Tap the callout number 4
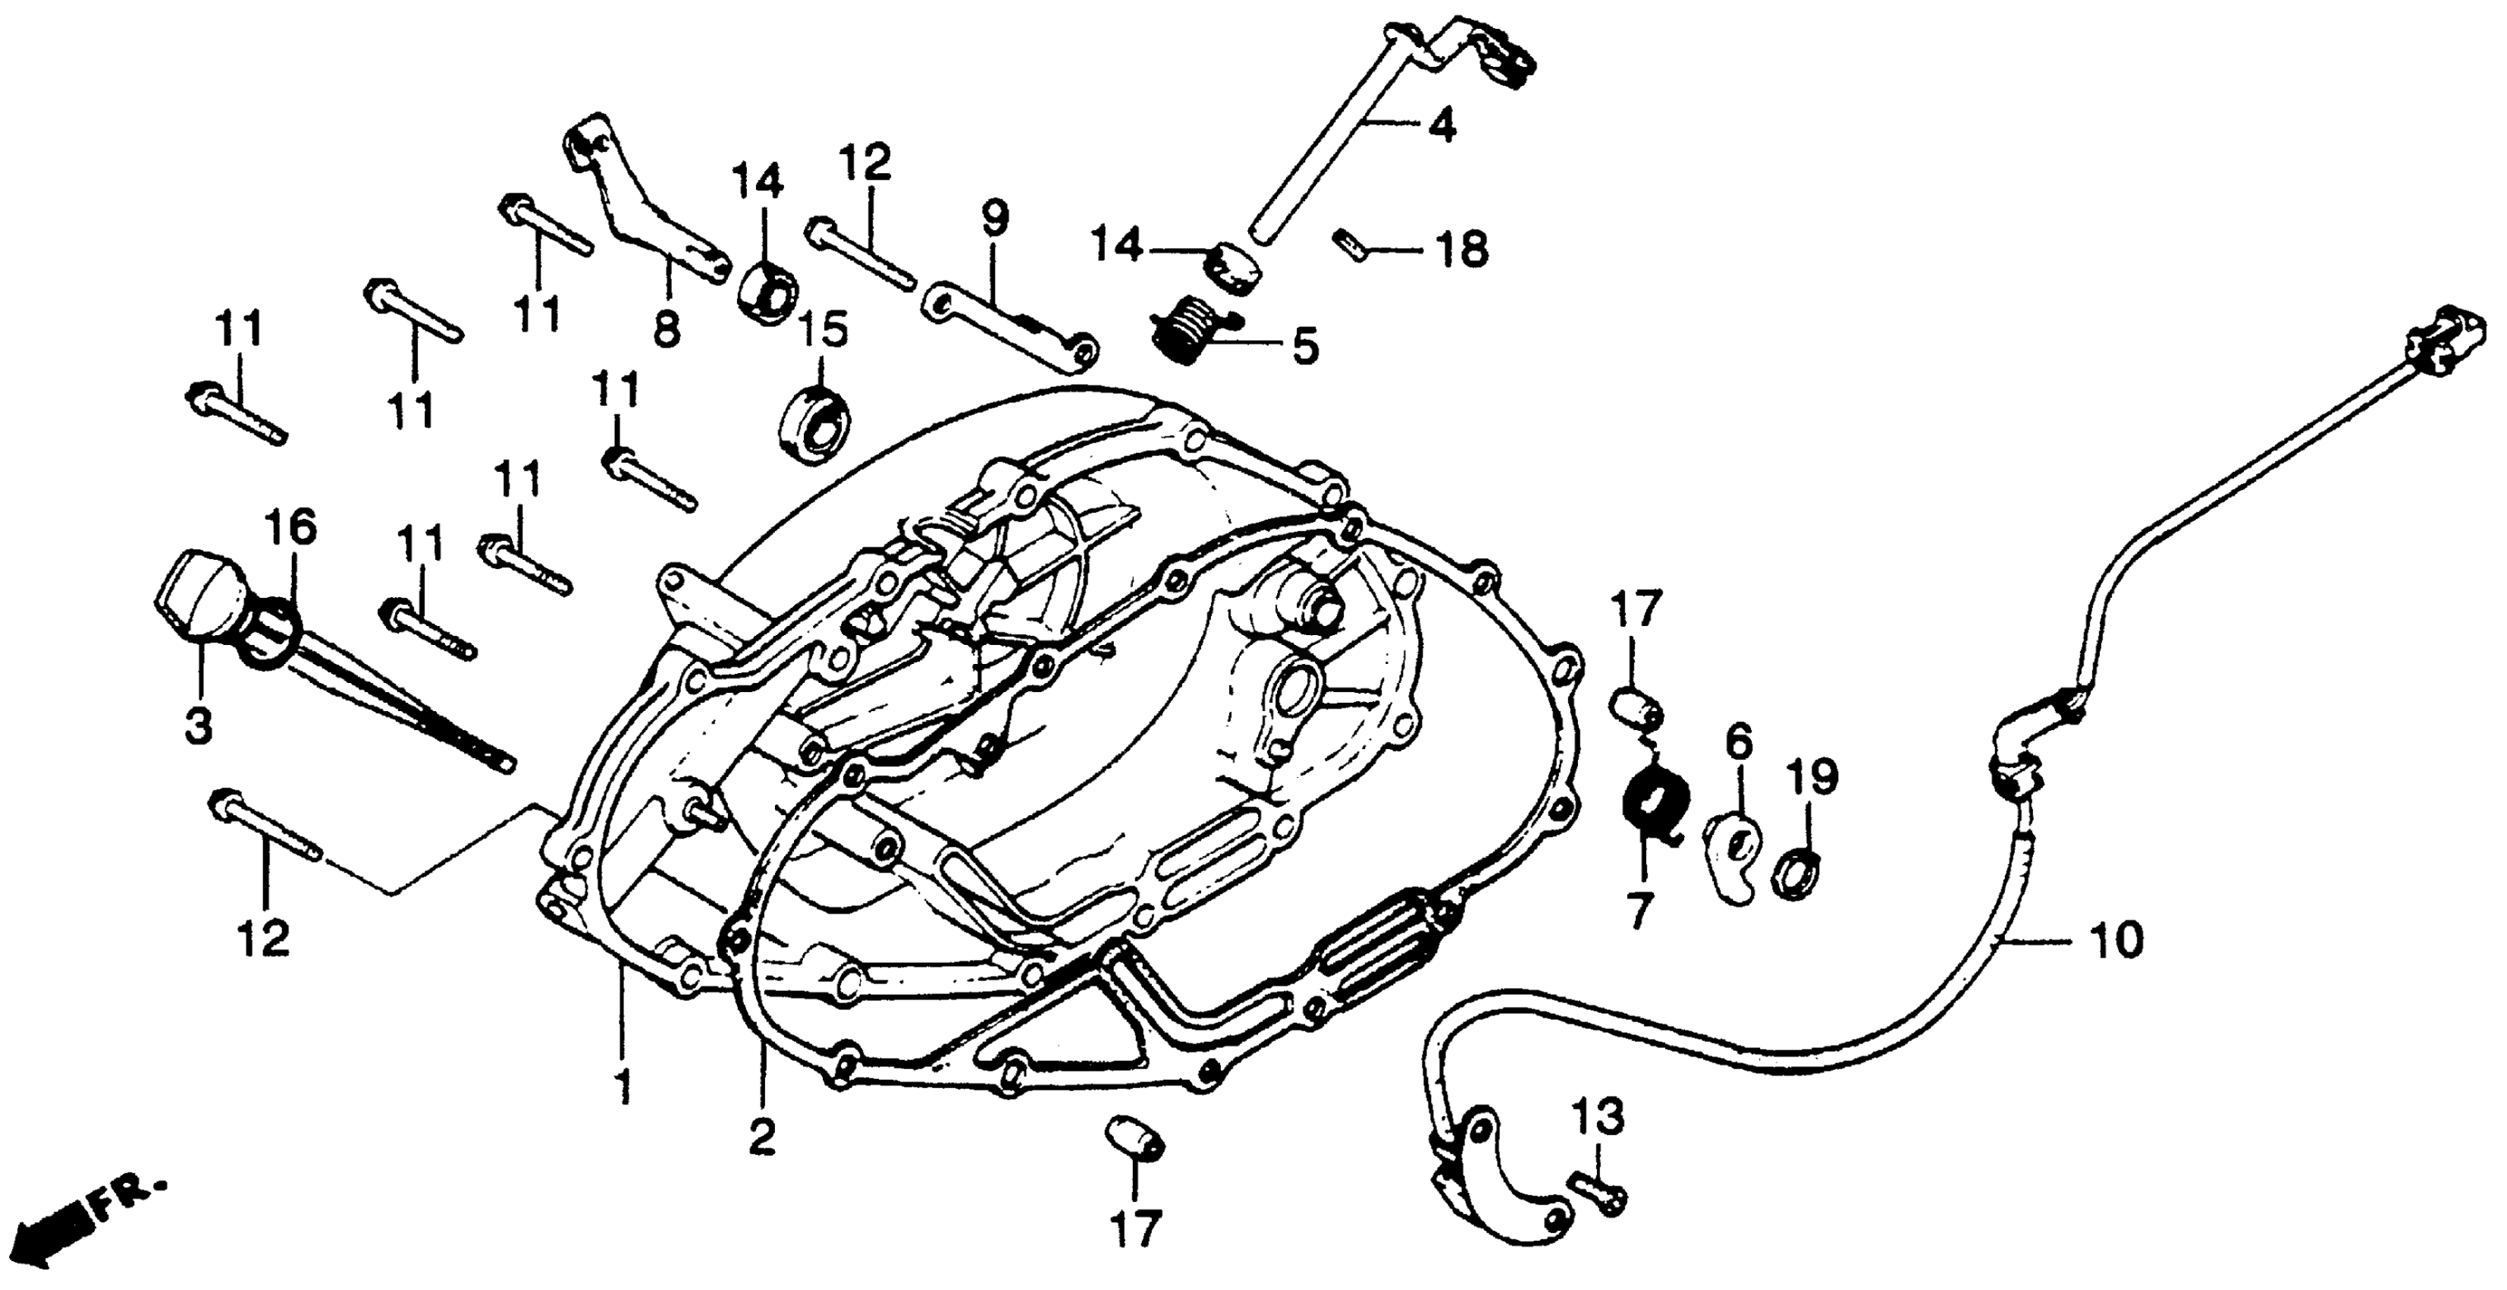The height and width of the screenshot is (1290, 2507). [1442, 127]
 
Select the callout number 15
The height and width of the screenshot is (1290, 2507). [822, 331]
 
